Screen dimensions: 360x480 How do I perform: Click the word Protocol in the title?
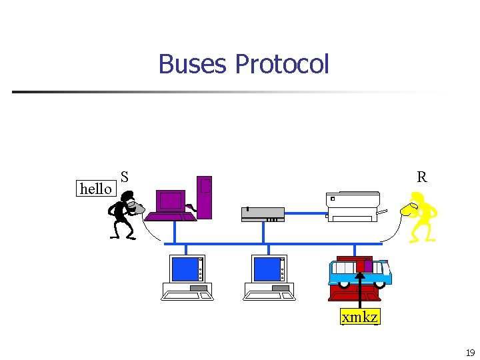tap(282, 64)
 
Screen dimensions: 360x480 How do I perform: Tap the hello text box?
tap(96, 189)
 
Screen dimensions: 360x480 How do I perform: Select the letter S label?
tap(125, 177)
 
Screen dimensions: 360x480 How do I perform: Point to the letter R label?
tap(421, 177)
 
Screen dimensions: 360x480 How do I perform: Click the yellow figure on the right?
tap(421, 215)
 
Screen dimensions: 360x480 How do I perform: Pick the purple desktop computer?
tap(171, 205)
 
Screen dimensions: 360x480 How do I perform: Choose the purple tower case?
tap(205, 197)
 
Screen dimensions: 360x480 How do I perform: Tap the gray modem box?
tap(263, 214)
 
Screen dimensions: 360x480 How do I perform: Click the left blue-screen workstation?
tap(187, 277)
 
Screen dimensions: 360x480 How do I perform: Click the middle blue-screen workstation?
tap(269, 277)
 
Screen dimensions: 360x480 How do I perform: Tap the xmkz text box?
tap(360, 317)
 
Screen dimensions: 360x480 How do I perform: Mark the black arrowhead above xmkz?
tap(360, 277)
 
